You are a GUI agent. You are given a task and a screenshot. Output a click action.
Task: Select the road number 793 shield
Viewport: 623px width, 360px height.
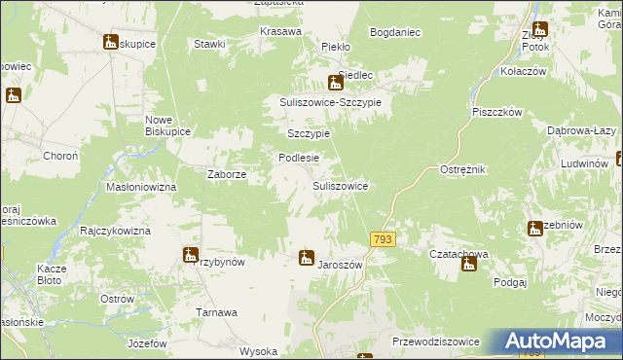[x=383, y=238]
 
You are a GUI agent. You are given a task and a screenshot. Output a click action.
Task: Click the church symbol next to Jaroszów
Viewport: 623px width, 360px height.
[x=307, y=258]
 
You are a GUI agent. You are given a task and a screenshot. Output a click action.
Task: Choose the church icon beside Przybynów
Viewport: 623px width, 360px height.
[x=191, y=255]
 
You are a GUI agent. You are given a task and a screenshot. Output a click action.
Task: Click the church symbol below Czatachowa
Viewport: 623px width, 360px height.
[x=469, y=264]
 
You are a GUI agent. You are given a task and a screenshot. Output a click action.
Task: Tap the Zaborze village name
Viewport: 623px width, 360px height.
[x=226, y=175]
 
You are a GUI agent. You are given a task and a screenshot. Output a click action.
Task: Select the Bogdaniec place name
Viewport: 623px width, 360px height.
[x=395, y=32]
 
